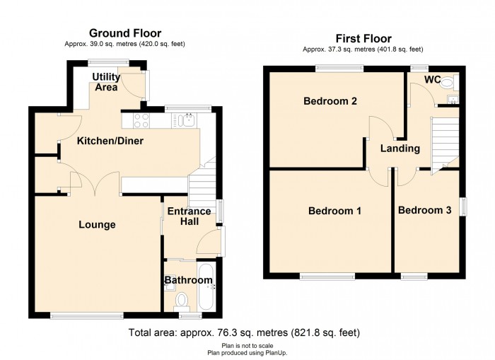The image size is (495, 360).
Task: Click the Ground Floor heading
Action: (125, 33)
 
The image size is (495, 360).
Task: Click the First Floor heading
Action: (363, 38)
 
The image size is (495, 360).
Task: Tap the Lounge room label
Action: (97, 224)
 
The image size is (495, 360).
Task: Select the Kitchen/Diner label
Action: (110, 141)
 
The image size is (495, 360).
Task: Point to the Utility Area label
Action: (106, 82)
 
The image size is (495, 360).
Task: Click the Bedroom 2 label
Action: (330, 101)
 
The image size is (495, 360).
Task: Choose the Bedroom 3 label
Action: (424, 210)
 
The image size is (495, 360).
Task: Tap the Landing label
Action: (400, 149)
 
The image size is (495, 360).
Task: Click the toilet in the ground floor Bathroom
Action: (181, 302)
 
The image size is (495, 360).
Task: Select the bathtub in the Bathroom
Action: (206, 287)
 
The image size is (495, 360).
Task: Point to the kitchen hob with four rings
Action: (141, 121)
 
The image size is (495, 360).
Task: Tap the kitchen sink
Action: (185, 121)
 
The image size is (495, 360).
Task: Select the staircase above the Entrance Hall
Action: (202, 183)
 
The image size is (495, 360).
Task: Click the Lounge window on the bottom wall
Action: (86, 315)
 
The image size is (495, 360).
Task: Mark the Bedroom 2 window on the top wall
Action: (339, 69)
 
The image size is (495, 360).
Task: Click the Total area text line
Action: (244, 332)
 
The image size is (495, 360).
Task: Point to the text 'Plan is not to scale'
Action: (248, 346)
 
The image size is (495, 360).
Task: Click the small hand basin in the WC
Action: (453, 100)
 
